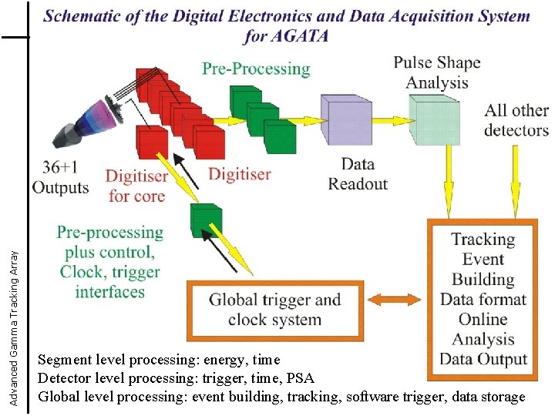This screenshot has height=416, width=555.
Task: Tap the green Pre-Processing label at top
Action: pos(256,69)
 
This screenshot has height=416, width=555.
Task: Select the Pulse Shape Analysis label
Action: pos(437,72)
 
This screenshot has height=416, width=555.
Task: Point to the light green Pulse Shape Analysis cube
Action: pos(433,119)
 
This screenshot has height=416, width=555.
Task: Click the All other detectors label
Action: pos(516,120)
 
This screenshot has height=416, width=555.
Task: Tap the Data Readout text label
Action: pos(358,173)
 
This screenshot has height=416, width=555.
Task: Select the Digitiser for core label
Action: pos(136,186)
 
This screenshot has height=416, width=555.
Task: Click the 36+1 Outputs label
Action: pos(61,177)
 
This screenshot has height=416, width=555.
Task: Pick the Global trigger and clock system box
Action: pos(275,309)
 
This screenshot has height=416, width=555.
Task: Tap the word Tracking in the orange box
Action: pos(483,239)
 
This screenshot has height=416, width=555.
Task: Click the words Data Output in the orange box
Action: pos(483,359)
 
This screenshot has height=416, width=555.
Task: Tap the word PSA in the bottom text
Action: pos(301,378)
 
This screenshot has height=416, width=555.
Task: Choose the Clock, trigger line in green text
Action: pos(110,272)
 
